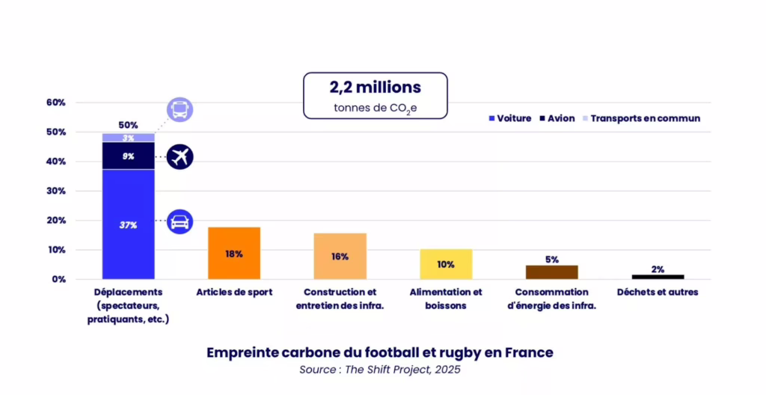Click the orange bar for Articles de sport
tap(233, 253)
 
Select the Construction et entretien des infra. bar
tap(340, 256)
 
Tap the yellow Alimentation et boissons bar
tap(446, 264)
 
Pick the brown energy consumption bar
tap(552, 272)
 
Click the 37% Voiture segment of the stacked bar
tap(128, 224)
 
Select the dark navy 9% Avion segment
tap(128, 156)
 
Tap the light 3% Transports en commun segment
tap(128, 138)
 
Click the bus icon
tap(180, 110)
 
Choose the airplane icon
tap(180, 157)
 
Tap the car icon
tap(180, 221)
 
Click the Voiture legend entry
tap(510, 118)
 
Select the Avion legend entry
tap(557, 118)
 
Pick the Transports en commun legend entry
tap(641, 118)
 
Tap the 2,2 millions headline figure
tap(375, 87)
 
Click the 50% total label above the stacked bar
tap(128, 125)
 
